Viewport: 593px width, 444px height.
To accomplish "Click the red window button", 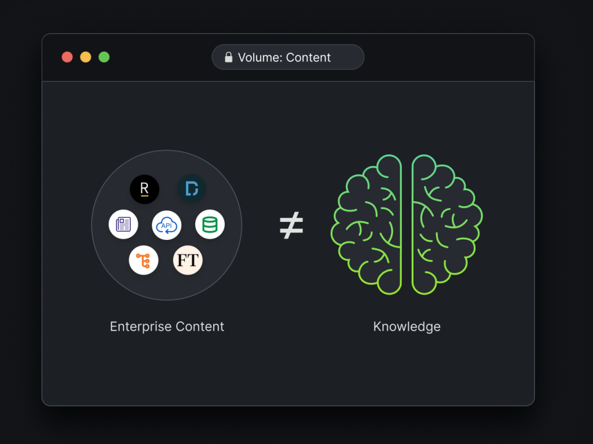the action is [x=67, y=57].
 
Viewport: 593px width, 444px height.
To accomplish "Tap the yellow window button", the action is [x=86, y=57].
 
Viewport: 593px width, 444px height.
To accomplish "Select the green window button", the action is [x=104, y=57].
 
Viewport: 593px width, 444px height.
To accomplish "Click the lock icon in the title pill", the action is [x=228, y=57].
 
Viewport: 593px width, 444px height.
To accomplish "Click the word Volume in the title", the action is [x=260, y=57].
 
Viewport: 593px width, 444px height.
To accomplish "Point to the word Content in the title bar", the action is [x=308, y=57].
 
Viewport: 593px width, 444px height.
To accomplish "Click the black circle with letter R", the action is [x=144, y=189].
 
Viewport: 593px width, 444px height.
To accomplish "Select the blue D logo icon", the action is [x=191, y=188].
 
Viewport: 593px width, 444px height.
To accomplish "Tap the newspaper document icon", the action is [x=123, y=224].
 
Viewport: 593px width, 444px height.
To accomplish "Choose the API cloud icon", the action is [x=166, y=225].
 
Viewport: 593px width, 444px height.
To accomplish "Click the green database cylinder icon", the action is [x=210, y=224].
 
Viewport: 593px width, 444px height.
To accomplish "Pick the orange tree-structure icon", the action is [x=144, y=260].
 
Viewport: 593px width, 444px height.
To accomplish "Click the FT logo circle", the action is [x=188, y=260].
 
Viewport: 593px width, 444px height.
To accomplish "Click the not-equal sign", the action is [x=291, y=225].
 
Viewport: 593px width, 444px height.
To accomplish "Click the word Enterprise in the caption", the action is [x=141, y=327].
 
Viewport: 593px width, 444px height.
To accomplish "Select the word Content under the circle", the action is [x=200, y=327].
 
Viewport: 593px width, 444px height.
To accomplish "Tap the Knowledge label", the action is [x=407, y=327].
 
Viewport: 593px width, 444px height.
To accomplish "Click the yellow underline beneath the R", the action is [x=144, y=196].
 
